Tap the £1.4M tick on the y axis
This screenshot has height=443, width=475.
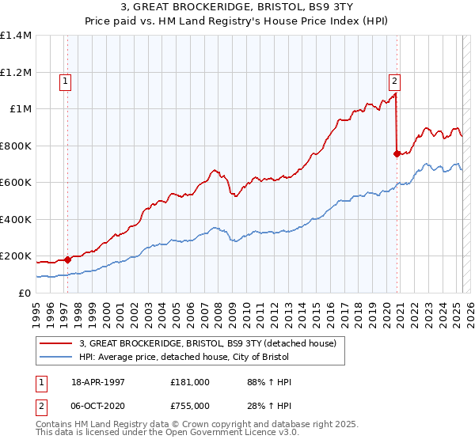point(16,36)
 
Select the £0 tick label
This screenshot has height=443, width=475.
point(25,293)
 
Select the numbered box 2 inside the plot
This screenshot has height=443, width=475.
point(393,80)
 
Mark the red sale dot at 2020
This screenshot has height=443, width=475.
point(397,153)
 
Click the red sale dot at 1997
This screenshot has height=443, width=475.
point(68,259)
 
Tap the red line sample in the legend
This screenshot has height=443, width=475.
point(57,343)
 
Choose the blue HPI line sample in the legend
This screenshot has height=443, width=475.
point(57,358)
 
